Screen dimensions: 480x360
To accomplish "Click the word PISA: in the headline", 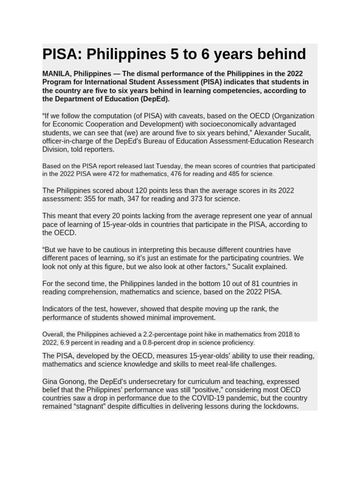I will click(61, 54).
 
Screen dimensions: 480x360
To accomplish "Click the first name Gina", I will click(50, 382).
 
